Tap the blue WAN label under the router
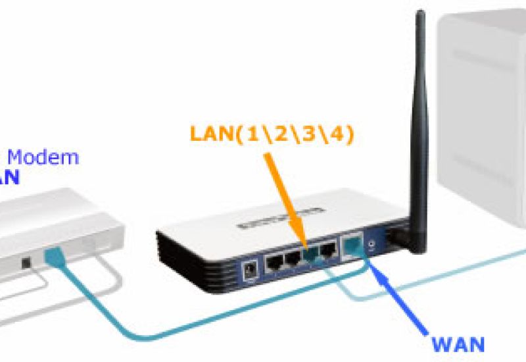(x=458, y=343)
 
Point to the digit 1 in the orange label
(x=252, y=134)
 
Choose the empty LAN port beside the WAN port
(x=327, y=251)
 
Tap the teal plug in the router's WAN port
(x=351, y=247)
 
